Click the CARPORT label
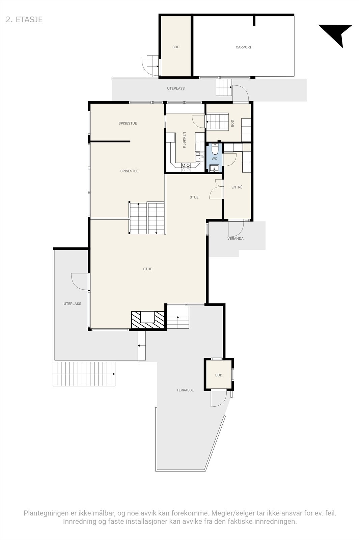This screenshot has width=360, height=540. pos(243,47)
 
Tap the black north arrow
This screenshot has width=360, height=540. pos(337,34)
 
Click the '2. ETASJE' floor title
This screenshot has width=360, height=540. pos(24,20)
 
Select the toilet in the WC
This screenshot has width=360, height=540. pos(215,149)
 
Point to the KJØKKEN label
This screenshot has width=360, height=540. pos(184,140)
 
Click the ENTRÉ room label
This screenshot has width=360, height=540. pos(237,187)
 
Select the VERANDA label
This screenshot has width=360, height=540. pos(236,239)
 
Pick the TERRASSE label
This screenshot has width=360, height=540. pos(185,390)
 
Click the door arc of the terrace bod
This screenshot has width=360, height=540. pos(218,399)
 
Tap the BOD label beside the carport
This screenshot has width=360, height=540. pos(176,47)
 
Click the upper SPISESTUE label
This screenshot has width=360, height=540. pos(128,124)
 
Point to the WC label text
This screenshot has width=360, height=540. pos(215,159)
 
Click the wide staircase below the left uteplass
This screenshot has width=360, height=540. pos(84,374)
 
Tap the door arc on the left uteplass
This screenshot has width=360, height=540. pos(80,281)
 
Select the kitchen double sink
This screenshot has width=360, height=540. pos(199,156)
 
